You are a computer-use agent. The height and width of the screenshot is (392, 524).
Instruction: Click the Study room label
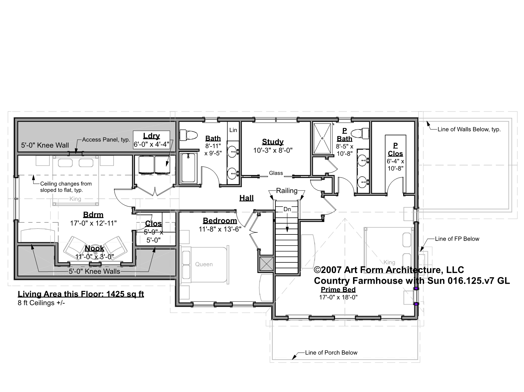point(272,142)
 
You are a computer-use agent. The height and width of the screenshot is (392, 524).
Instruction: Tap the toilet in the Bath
point(188,135)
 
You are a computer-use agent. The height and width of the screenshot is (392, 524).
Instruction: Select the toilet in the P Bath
point(360,133)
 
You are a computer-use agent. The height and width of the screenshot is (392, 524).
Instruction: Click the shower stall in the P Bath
point(322,138)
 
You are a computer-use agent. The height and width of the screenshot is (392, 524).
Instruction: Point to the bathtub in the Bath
point(188,168)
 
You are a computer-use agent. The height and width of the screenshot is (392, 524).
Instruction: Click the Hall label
point(246,198)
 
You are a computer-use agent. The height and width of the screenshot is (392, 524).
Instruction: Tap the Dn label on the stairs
point(287,209)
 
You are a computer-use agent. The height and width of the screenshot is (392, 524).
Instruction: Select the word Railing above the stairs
point(287,191)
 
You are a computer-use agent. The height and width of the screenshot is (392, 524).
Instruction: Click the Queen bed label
point(204,264)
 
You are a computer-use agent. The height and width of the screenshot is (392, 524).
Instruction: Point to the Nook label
point(95,248)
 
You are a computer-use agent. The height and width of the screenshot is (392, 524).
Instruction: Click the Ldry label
point(151,136)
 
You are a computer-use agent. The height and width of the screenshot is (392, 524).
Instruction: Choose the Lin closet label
point(233,130)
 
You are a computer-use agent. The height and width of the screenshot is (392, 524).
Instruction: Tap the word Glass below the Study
point(276,173)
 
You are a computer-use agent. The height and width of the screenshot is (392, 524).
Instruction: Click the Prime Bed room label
point(338,290)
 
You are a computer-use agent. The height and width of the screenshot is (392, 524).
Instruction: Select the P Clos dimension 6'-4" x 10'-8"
point(395,165)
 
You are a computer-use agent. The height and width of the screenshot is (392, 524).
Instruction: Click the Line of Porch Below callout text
point(331,353)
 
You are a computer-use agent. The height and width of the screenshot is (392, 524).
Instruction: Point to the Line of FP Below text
point(457,239)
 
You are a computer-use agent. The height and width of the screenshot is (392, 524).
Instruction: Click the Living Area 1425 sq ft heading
point(81,294)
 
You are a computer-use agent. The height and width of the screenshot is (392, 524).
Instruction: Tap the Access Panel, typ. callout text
point(106,140)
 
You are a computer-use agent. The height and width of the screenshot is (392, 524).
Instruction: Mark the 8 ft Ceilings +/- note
point(41,303)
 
